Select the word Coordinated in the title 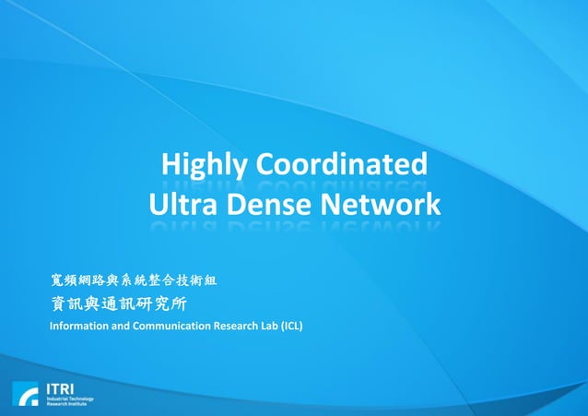tap(342, 166)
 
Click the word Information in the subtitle tap(77, 327)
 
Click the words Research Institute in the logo tap(66, 404)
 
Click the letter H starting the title tap(171, 166)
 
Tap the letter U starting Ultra tap(158, 204)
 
